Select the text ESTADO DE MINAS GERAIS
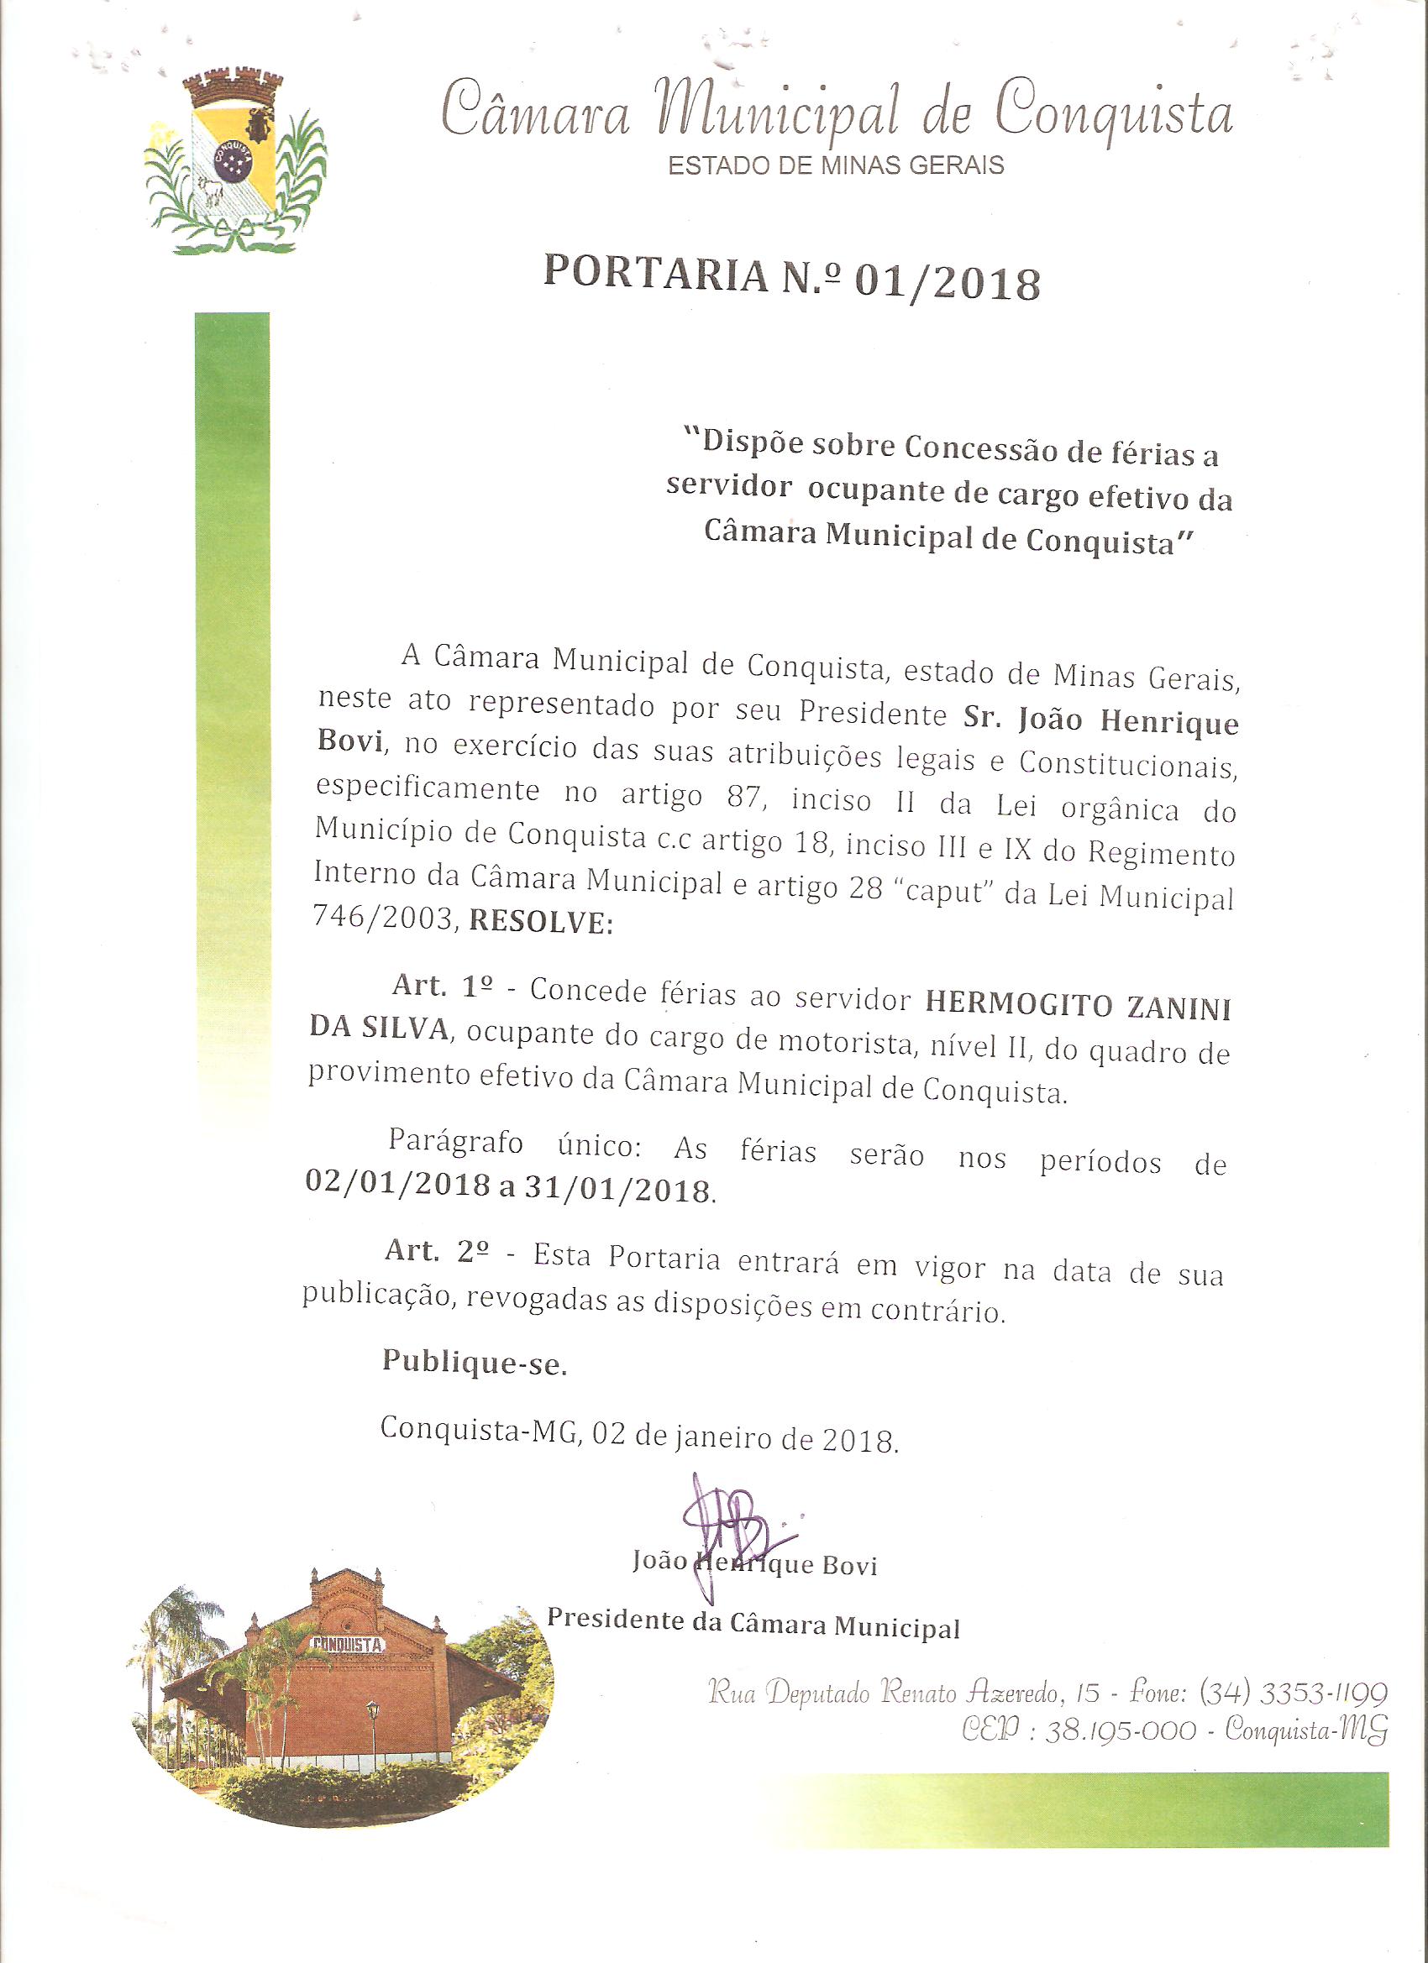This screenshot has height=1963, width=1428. [x=836, y=165]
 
